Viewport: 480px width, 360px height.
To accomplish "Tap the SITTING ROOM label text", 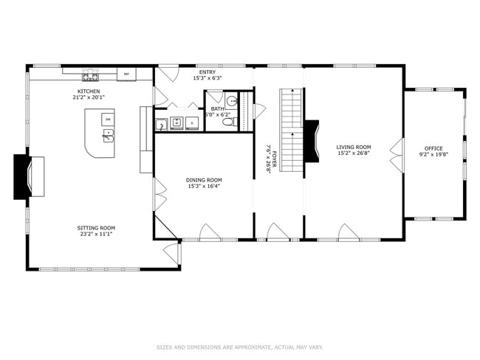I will click(x=97, y=228).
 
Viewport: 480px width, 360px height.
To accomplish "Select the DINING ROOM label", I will click(x=203, y=180).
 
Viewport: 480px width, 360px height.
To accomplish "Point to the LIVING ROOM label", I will click(x=353, y=148).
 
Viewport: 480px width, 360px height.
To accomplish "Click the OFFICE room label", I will click(x=433, y=148).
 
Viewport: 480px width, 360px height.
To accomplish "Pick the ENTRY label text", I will click(x=207, y=72).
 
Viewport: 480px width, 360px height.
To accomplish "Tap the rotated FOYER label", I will click(x=273, y=158).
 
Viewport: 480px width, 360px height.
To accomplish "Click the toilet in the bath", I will click(x=230, y=122).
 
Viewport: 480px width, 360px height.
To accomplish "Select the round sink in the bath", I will click(x=230, y=102).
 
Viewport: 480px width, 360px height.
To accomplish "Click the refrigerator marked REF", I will click(x=126, y=74).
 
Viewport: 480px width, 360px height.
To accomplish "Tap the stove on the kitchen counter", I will click(x=90, y=74).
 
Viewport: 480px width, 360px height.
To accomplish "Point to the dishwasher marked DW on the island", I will click(x=107, y=119).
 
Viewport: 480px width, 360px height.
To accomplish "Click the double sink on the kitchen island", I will click(x=108, y=135).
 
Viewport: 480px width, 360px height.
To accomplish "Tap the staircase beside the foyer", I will click(x=291, y=130).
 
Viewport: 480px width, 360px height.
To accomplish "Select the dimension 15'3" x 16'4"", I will click(x=203, y=186).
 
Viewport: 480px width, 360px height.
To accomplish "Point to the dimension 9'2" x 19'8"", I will click(x=433, y=155).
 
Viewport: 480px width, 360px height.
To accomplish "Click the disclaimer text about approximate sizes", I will click(x=240, y=346).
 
